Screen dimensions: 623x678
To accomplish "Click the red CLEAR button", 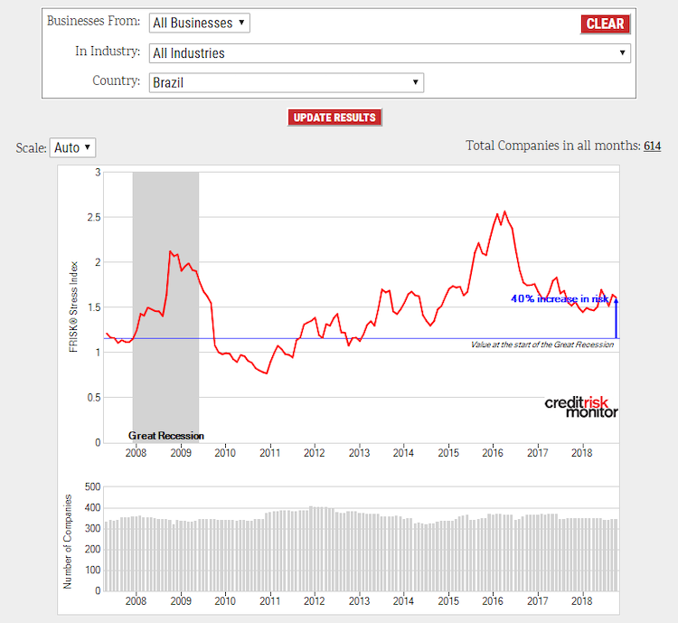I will [x=605, y=24].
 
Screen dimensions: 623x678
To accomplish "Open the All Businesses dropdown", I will [x=200, y=23].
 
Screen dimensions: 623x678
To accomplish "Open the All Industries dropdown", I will [x=389, y=53].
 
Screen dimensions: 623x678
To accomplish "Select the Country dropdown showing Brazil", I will [x=286, y=82].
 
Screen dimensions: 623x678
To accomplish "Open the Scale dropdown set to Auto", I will [x=72, y=146].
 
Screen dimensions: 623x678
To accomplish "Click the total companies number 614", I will [x=652, y=146].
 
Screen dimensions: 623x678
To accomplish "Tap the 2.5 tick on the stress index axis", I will [x=92, y=217].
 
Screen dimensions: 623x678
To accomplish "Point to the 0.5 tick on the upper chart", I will [x=92, y=398].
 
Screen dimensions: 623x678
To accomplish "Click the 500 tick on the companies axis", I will [x=90, y=486].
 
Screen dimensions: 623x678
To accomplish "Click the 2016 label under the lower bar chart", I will [x=494, y=600].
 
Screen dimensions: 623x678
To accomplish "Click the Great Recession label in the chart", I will [x=166, y=436].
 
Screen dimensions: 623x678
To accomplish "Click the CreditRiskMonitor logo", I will [x=581, y=407].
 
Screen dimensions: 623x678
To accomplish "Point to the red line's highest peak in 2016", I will [x=504, y=212].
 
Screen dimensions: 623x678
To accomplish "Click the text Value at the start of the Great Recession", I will [x=541, y=345].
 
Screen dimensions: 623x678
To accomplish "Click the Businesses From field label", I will [x=93, y=20].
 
